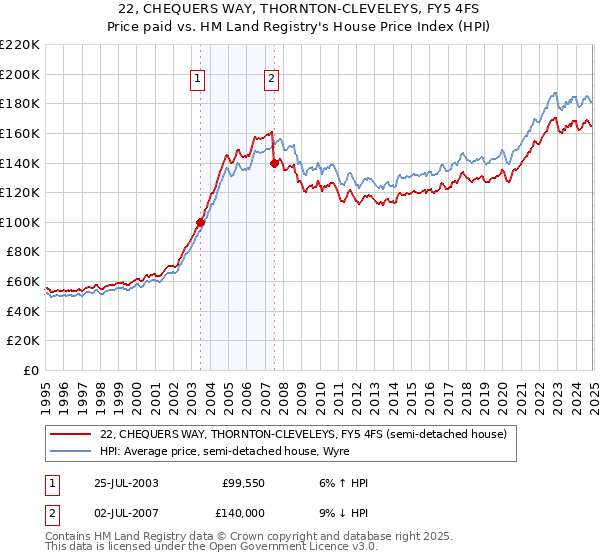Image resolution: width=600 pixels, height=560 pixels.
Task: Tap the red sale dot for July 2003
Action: coord(200,222)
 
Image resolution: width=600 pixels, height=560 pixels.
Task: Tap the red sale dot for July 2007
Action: coord(274,163)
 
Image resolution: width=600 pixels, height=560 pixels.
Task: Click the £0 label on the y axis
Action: coord(29,370)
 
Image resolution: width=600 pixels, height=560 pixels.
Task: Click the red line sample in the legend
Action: coord(71,434)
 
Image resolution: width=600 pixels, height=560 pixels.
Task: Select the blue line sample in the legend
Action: coord(71,451)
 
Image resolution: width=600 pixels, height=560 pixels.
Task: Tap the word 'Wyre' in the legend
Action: coord(332,451)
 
